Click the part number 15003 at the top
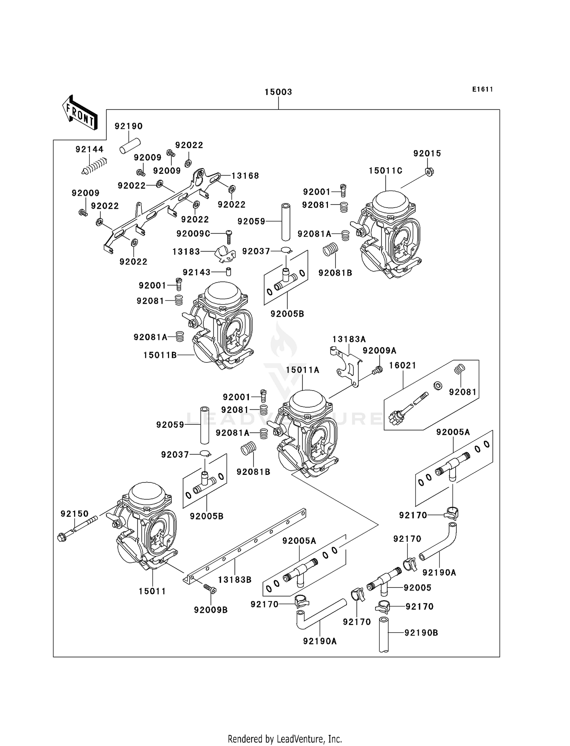278,92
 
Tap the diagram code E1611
483,89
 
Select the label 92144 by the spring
89,149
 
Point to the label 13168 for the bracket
245,176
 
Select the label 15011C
385,171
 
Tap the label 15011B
160,355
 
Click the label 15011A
302,370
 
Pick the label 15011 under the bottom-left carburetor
152,591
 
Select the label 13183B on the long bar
235,580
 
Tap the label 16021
402,365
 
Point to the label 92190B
421,633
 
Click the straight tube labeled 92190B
384,635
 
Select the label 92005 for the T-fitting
417,588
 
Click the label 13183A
349,339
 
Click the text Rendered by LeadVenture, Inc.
285,739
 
